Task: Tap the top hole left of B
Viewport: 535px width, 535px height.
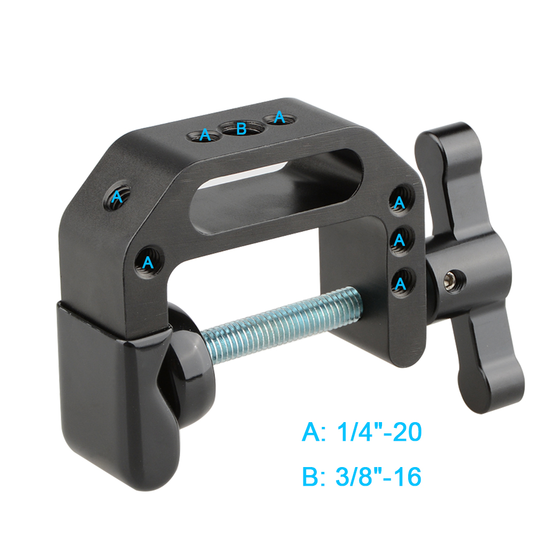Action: tap(204, 135)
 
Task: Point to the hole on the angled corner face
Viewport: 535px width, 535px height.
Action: tap(117, 198)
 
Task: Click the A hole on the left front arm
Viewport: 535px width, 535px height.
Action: tap(148, 262)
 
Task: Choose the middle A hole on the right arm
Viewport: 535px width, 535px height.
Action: tap(399, 240)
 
